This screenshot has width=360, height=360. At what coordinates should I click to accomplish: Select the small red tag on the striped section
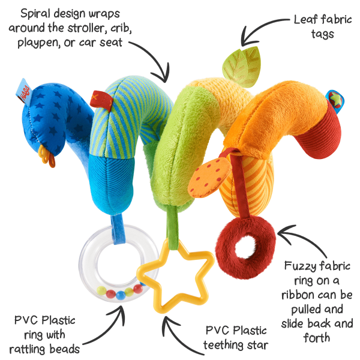point(98,96)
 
